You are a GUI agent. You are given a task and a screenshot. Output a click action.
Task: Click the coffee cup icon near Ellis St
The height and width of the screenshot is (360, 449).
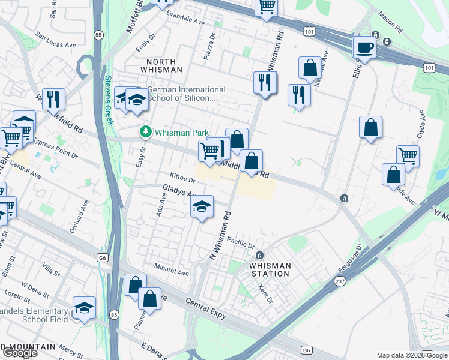tap(364, 47)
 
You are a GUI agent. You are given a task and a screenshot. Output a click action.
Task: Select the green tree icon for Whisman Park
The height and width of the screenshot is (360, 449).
tap(144, 131)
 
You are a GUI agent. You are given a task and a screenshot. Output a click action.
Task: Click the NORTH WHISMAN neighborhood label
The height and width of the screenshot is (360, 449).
tap(161, 66)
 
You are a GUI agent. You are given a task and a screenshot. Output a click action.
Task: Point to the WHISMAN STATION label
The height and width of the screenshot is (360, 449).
tap(270, 269)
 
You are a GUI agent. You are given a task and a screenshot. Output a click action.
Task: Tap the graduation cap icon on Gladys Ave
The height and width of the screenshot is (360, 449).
tap(202, 208)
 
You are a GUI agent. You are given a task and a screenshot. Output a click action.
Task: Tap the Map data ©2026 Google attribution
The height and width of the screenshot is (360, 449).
tap(412, 355)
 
